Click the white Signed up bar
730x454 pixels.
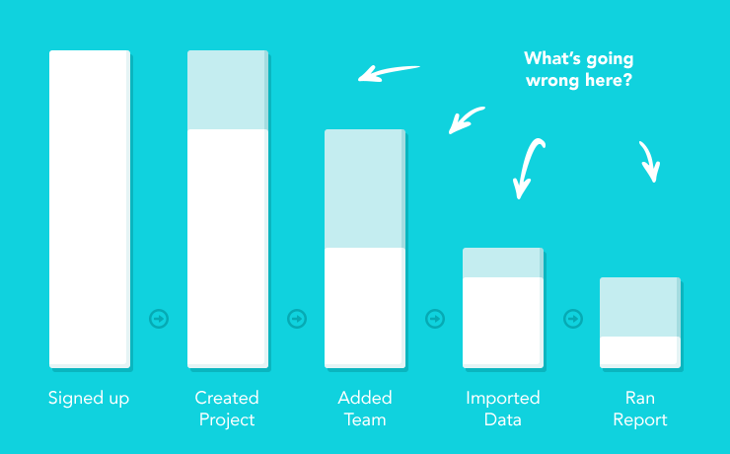(x=89, y=207)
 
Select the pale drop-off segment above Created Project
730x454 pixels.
(x=227, y=90)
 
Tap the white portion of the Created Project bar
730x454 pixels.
(x=227, y=247)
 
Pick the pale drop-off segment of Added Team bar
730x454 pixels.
(x=364, y=189)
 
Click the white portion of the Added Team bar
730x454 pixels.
(x=364, y=306)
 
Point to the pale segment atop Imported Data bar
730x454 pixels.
(x=502, y=263)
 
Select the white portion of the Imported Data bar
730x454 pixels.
(x=502, y=321)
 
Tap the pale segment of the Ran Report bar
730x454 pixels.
(x=639, y=307)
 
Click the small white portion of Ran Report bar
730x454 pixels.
(x=639, y=350)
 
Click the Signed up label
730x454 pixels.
(x=89, y=399)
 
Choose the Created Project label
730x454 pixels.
(x=227, y=409)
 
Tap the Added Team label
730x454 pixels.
(x=364, y=409)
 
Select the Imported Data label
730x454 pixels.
(x=502, y=409)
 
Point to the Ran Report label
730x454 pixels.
(x=639, y=409)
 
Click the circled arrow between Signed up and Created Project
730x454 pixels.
(x=159, y=319)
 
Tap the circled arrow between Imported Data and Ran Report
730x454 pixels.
(x=572, y=319)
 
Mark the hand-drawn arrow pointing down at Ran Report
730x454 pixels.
(x=648, y=162)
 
